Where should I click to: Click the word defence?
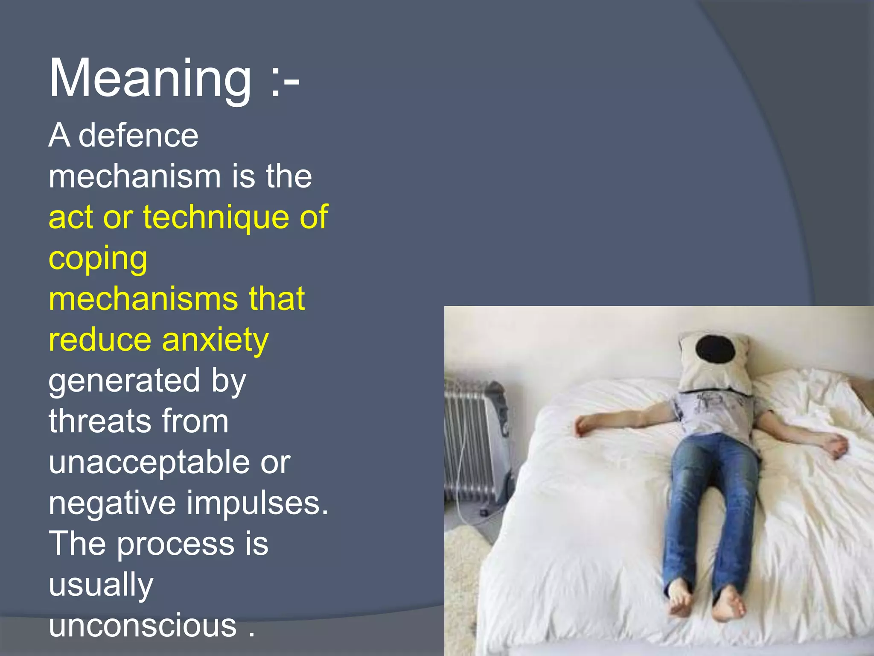[139, 136]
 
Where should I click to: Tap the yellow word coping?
[98, 259]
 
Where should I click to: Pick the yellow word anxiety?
[215, 340]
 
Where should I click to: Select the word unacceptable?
[149, 462]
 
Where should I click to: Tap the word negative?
[112, 503]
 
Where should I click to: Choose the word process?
[175, 544]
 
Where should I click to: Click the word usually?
[101, 585]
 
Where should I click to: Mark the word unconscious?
[143, 625]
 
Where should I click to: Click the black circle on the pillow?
[715, 348]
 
